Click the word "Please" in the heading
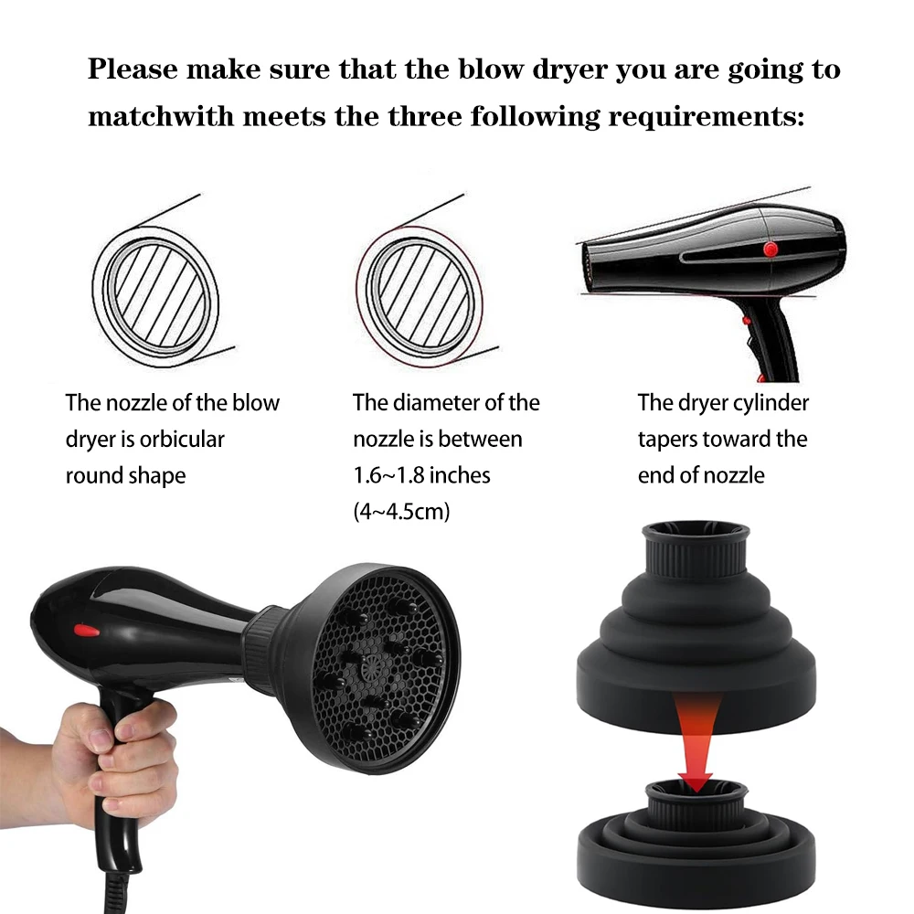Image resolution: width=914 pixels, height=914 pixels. pyautogui.click(x=133, y=69)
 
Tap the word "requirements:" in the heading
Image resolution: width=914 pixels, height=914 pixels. pyautogui.click(x=706, y=116)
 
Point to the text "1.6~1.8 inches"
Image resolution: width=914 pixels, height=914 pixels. pyautogui.click(x=421, y=475)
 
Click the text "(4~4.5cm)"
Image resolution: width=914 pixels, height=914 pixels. pyautogui.click(x=401, y=511)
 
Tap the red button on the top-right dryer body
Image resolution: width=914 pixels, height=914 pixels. pyautogui.click(x=771, y=250)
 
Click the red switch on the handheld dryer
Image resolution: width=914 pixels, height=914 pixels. pyautogui.click(x=86, y=631)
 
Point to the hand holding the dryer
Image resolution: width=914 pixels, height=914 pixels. pyautogui.click(x=117, y=758)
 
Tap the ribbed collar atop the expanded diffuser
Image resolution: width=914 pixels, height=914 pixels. pyautogui.click(x=695, y=551)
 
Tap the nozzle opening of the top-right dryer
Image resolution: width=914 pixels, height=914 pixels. pyautogui.click(x=588, y=270)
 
